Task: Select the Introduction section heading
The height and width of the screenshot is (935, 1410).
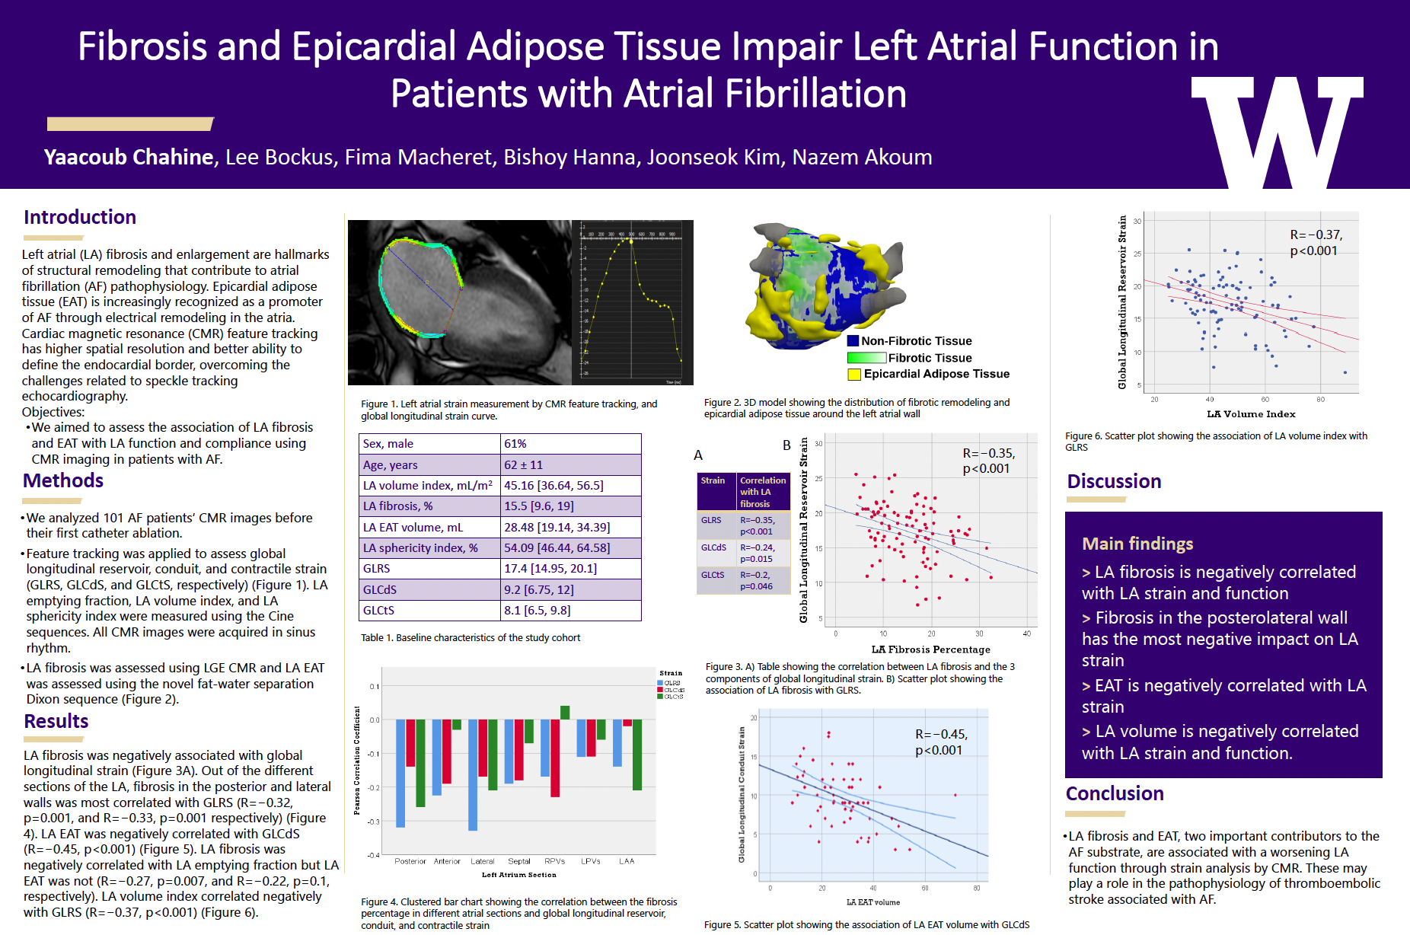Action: [x=80, y=217]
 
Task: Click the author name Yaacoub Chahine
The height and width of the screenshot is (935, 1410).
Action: [x=129, y=157]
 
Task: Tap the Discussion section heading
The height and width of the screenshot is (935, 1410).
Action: [x=1114, y=481]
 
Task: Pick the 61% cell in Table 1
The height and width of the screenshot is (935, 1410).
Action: [x=515, y=444]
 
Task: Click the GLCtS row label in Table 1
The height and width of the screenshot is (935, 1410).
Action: [x=378, y=611]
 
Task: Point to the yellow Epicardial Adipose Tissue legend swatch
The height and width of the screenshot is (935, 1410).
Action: [x=854, y=374]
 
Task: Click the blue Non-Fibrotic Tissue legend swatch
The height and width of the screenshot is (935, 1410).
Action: [x=853, y=341]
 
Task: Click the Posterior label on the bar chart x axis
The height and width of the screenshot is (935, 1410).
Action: [x=410, y=861]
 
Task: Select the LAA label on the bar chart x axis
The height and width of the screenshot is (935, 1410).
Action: [x=627, y=861]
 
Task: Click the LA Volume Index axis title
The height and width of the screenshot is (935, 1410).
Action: [x=1251, y=414]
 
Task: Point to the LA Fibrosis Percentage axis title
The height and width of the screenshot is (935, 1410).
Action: [x=930, y=649]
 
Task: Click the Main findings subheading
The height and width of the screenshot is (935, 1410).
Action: [x=1137, y=544]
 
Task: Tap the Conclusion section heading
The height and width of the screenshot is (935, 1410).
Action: [x=1115, y=793]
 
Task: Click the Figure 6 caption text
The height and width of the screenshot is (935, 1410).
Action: [x=1216, y=442]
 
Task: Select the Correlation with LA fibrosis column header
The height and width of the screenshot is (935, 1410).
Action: [x=763, y=492]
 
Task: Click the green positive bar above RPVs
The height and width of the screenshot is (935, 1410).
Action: [x=565, y=713]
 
